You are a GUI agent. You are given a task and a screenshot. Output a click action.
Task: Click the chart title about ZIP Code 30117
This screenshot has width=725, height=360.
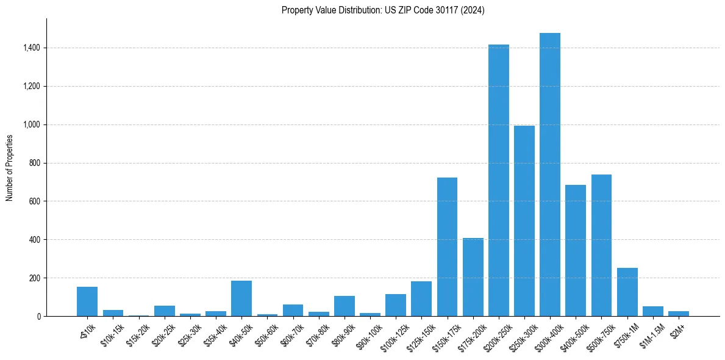383,10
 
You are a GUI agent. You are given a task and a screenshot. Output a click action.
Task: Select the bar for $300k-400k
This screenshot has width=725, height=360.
549,175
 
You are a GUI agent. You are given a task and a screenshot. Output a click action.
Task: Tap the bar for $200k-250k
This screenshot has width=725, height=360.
498,181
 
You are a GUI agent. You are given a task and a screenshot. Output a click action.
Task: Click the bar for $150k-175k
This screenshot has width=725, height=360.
447,247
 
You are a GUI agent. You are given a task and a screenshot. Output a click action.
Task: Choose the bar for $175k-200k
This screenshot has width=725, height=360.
473,277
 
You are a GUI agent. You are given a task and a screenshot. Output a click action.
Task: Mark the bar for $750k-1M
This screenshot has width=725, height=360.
627,292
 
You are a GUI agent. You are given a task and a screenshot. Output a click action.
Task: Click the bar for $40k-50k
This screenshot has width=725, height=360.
241,298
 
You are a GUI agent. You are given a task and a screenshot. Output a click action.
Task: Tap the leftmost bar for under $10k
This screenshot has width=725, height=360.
87,301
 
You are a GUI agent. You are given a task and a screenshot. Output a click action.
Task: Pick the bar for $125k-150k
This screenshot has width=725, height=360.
421,299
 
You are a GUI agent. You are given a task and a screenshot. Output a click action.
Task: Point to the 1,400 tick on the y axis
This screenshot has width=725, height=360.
32,48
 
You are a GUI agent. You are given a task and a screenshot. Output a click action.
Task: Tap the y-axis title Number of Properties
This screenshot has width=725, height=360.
10,167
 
